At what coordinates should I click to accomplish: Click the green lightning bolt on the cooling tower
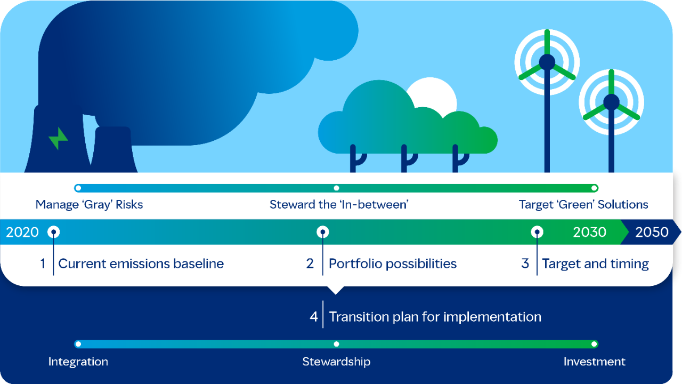58,139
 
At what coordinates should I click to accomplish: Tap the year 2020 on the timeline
22,232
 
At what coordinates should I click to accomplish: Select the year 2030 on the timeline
589,232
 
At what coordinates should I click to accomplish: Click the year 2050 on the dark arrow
652,232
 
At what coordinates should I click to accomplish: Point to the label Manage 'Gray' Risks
89,204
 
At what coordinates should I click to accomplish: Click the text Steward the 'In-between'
339,204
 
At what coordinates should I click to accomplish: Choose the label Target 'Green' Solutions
583,204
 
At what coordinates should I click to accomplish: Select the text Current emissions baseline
141,263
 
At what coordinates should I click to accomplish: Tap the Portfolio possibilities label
393,263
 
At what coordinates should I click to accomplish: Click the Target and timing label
595,263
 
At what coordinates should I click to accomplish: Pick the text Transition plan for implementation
435,317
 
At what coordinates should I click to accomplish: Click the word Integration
78,362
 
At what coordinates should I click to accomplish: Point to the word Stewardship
336,362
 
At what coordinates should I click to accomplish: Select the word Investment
594,362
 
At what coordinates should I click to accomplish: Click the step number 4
314,317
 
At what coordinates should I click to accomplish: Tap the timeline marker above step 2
322,232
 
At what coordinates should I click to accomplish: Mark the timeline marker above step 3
538,232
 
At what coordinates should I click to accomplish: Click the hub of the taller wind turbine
547,62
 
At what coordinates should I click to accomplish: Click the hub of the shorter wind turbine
611,101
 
